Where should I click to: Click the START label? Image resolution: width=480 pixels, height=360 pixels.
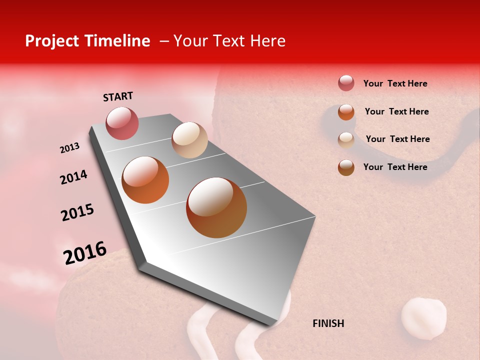click(118, 96)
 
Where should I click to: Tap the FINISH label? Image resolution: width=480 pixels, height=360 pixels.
click(328, 323)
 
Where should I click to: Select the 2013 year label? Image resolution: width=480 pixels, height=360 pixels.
click(69, 148)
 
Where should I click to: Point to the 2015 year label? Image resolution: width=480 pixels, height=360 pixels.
click(77, 212)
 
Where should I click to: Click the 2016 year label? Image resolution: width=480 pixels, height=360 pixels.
click(85, 253)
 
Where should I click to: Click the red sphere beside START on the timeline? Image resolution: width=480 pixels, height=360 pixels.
click(122, 123)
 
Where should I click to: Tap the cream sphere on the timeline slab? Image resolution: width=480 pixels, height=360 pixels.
click(189, 140)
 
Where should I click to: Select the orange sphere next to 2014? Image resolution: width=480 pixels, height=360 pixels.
click(145, 180)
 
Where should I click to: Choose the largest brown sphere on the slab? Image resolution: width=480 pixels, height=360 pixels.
click(216, 207)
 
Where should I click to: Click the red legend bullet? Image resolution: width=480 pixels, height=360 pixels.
click(346, 83)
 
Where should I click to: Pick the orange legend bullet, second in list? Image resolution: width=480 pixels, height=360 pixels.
click(346, 112)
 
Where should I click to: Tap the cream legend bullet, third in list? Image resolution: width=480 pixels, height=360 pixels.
click(346, 140)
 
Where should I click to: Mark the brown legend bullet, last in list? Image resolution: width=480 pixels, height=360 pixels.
click(346, 167)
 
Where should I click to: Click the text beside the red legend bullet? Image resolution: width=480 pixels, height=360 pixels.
click(395, 83)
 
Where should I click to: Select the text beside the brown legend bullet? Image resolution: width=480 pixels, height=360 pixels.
click(395, 167)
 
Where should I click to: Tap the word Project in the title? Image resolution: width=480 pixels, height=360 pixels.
click(51, 41)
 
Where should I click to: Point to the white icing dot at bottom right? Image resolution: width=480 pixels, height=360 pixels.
click(423, 319)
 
